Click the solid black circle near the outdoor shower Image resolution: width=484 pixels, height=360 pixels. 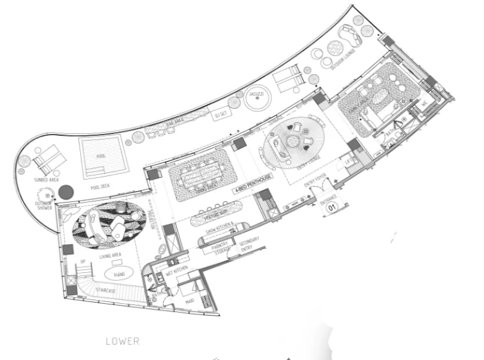tap(67, 193)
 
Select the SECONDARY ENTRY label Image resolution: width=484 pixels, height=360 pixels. tap(248, 243)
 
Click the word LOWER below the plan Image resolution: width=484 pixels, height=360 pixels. tap(122, 340)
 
